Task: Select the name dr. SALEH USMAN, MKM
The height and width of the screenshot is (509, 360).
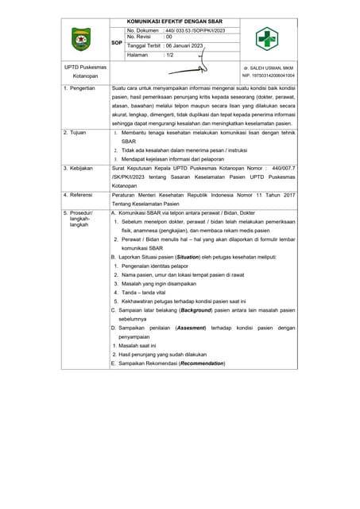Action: (268, 68)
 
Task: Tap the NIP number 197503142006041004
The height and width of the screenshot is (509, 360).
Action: (268, 76)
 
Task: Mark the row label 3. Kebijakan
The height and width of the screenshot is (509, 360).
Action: (78, 169)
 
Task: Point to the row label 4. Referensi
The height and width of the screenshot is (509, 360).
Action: (78, 194)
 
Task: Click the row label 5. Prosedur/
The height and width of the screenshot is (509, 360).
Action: (78, 213)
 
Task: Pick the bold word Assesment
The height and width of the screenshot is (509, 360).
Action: (191, 328)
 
